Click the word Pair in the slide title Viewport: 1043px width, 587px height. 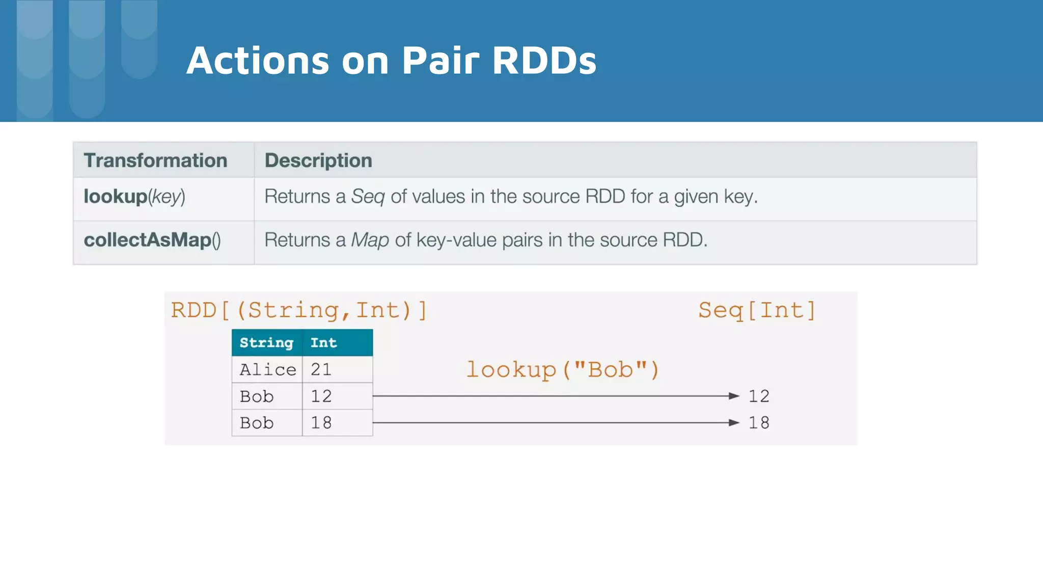coord(441,60)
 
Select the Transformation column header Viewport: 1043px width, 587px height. coord(155,161)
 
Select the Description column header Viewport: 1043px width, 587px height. coord(318,161)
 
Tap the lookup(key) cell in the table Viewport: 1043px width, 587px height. coord(134,197)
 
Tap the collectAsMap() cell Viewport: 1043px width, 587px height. coord(152,240)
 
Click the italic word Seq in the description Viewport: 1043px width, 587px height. coord(368,197)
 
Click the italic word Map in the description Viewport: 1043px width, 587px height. coord(370,240)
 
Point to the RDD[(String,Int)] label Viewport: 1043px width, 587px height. coord(299,310)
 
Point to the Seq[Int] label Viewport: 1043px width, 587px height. coord(757,310)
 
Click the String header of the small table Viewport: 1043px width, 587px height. coord(266,343)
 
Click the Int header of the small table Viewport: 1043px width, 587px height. coord(323,343)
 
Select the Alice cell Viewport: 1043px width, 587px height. coord(267,369)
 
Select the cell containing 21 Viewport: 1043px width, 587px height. coord(321,369)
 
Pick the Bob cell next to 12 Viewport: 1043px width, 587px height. coord(257,396)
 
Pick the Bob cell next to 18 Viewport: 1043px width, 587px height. coord(257,423)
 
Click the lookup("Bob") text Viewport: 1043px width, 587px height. coord(563,369)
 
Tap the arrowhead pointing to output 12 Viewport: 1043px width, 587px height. coord(734,396)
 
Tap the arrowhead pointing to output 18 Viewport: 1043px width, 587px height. coord(734,422)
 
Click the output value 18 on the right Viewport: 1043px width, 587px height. coord(758,423)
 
